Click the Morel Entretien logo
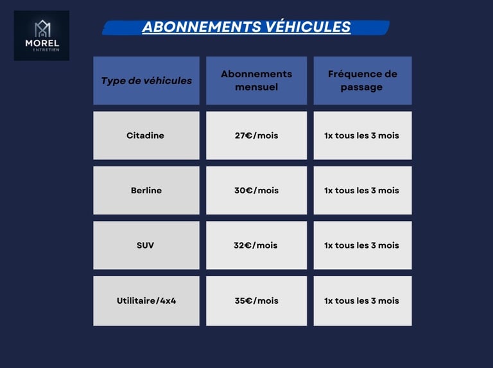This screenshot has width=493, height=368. point(42,35)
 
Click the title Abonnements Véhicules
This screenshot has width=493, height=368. point(246,27)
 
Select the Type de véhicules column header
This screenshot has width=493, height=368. point(146,81)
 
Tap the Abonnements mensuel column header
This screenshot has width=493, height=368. point(256,81)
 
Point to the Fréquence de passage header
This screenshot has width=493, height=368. point(362,81)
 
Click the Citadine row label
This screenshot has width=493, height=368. point(146,136)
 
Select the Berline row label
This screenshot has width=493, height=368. point(146,191)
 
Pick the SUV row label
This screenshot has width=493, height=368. point(146,245)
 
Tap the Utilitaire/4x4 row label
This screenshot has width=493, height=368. point(146,301)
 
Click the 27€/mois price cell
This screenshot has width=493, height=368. point(256,136)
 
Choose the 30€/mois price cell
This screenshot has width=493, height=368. point(256,191)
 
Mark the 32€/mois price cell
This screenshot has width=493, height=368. point(256,245)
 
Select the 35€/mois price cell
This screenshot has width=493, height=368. point(256,301)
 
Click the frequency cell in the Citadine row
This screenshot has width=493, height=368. point(362,136)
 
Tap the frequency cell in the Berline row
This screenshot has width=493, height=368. point(362,191)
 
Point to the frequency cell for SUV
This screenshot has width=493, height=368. point(362,245)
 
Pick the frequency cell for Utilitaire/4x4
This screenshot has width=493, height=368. point(362,301)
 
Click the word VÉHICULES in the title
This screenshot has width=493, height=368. point(306,27)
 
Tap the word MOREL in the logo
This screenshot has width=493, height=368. point(42,44)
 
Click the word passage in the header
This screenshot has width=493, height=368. point(361,87)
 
